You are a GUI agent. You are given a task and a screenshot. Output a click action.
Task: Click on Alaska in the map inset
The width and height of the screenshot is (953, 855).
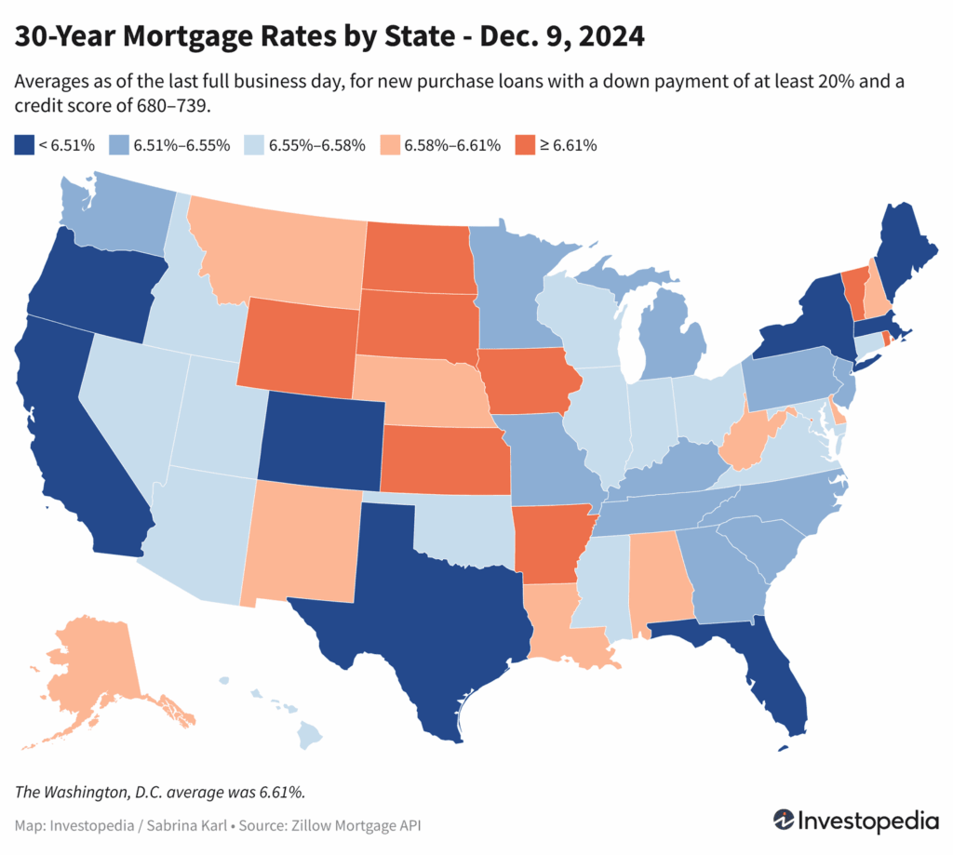pos(93,670)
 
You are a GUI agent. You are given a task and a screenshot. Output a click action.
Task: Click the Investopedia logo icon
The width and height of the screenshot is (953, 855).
pos(785,822)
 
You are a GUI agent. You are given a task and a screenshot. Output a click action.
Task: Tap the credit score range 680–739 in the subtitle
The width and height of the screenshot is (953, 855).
pos(167,107)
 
